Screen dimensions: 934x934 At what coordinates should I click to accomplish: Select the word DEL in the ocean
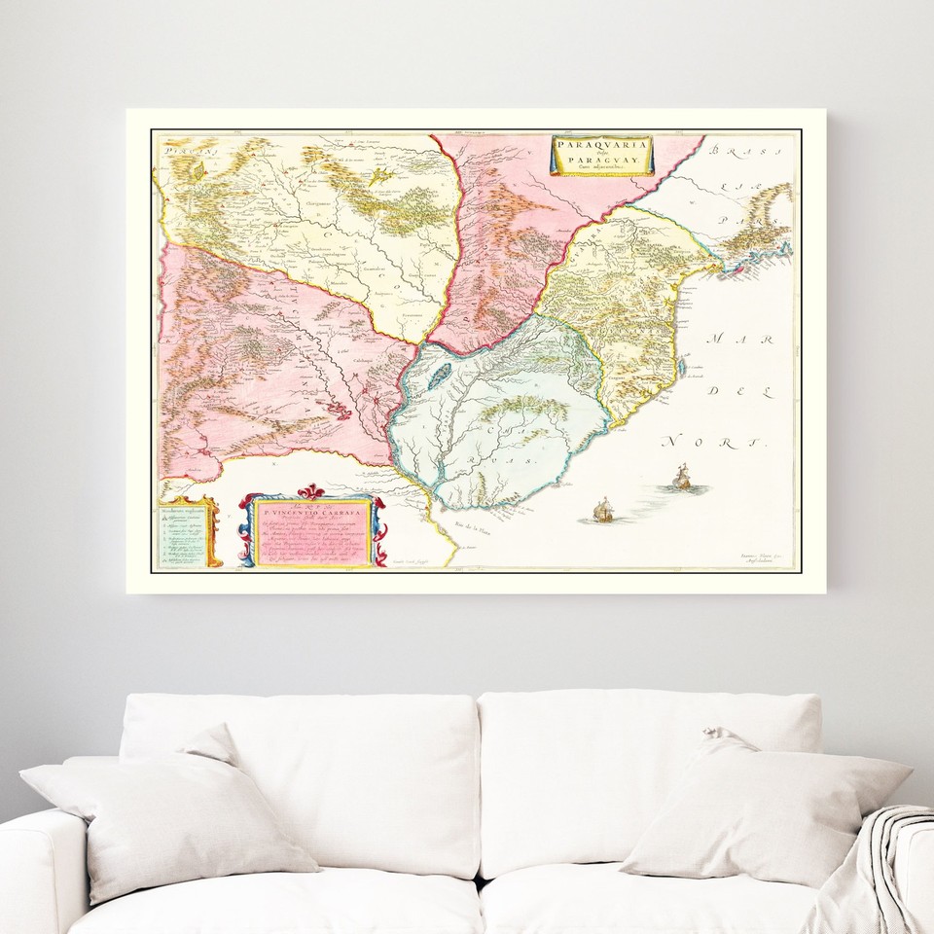(723, 390)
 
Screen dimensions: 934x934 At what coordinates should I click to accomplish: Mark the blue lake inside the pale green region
(440, 373)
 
